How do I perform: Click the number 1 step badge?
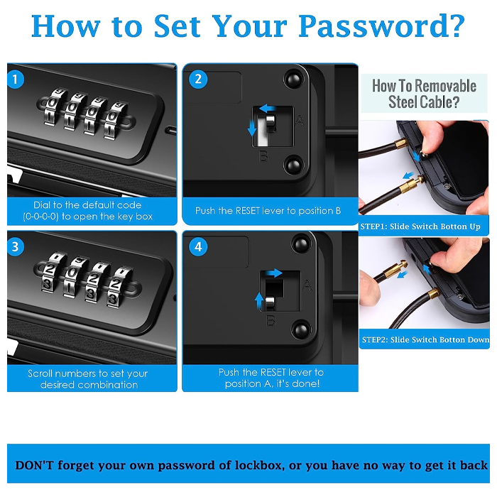(16, 79)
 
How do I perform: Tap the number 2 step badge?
(198, 79)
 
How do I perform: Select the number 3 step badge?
(15, 246)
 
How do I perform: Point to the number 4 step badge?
(198, 246)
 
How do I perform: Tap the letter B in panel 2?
(263, 156)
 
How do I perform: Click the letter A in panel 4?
(307, 286)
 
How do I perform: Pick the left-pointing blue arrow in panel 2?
(267, 109)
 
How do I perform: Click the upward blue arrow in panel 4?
(259, 301)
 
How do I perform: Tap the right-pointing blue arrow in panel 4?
(274, 273)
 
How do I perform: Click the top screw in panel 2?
(293, 80)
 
